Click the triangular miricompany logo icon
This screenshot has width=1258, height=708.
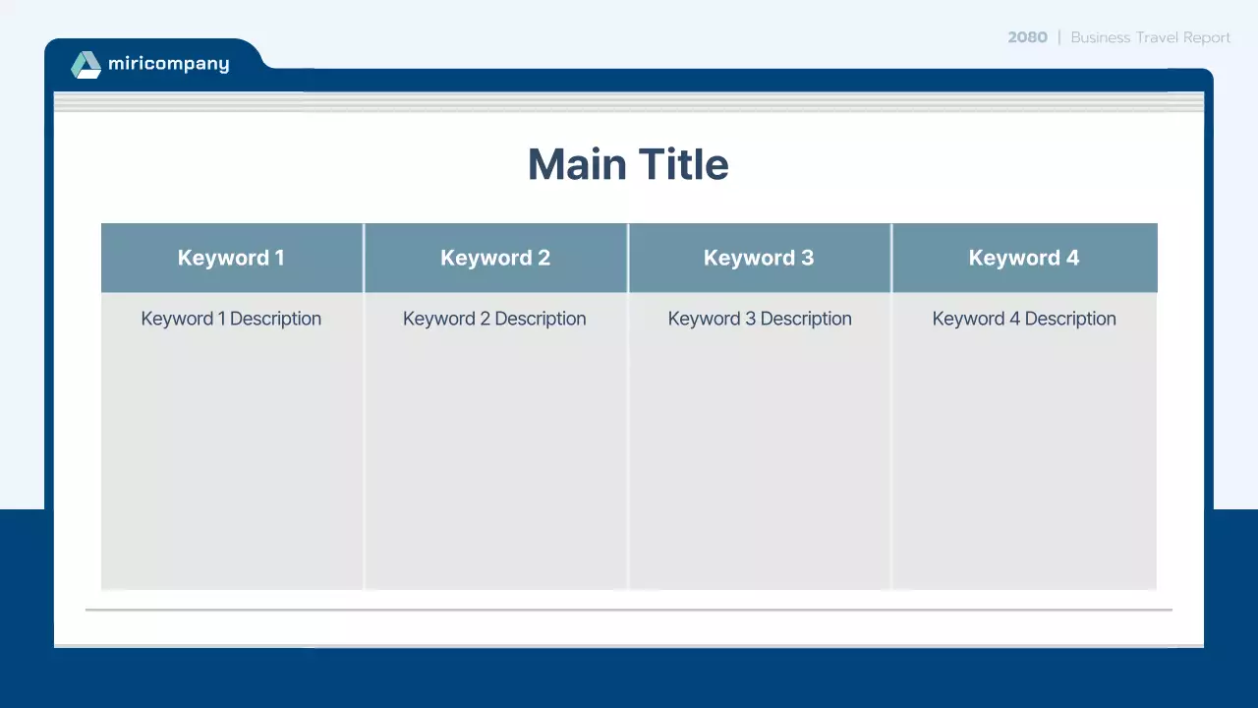pyautogui.click(x=86, y=65)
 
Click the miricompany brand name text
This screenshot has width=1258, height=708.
pyautogui.click(x=168, y=64)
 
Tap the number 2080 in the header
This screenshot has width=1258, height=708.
pyautogui.click(x=1027, y=37)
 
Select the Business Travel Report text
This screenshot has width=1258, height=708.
pyautogui.click(x=1150, y=37)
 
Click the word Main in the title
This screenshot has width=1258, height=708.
pyautogui.click(x=577, y=164)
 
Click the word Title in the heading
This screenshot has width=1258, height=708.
pyautogui.click(x=683, y=164)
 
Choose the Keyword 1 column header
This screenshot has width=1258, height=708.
pyautogui.click(x=231, y=258)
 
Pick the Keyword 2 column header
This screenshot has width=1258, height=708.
pyautogui.click(x=495, y=258)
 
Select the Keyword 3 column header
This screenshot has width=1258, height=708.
pyautogui.click(x=759, y=258)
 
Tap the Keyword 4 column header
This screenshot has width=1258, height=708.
pyautogui.click(x=1024, y=258)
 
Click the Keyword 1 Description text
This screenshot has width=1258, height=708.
pyautogui.click(x=231, y=319)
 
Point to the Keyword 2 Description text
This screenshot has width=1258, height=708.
pyautogui.click(x=494, y=319)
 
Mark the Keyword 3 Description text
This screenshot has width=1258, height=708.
pyautogui.click(x=760, y=319)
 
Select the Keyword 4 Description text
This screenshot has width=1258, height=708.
pyautogui.click(x=1024, y=319)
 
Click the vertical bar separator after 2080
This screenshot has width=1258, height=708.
pyautogui.click(x=1059, y=37)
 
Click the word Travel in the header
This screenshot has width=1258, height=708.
pyautogui.click(x=1157, y=37)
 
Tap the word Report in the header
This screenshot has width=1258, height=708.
pyautogui.click(x=1207, y=37)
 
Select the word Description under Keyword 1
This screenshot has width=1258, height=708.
pyautogui.click(x=275, y=319)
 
